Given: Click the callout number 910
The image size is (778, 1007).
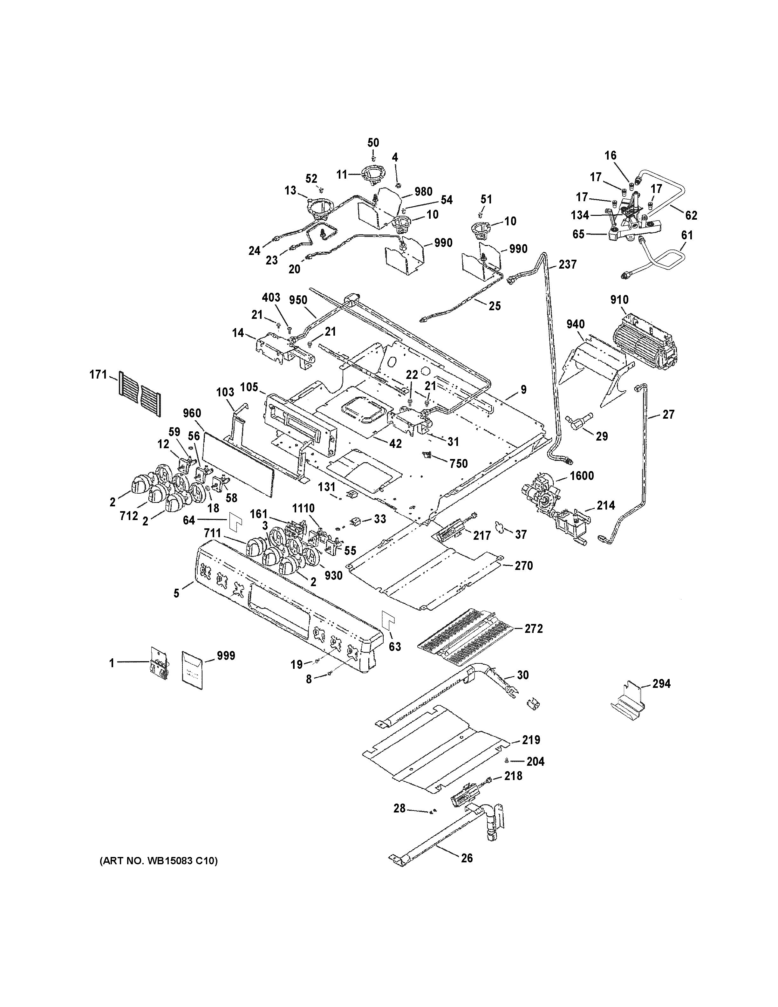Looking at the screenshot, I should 619,300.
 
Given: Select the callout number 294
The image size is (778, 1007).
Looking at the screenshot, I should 661,683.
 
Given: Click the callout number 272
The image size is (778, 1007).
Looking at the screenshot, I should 533,628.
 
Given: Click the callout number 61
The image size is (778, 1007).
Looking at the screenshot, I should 687,235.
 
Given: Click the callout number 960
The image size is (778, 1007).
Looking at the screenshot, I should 191,413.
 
